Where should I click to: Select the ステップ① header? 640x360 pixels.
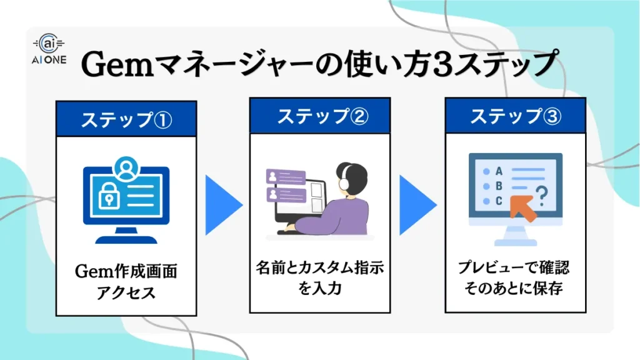pyautogui.click(x=126, y=119)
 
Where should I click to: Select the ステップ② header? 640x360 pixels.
pyautogui.click(x=319, y=116)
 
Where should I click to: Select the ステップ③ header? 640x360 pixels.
pyautogui.click(x=515, y=116)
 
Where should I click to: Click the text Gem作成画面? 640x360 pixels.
pyautogui.click(x=126, y=272)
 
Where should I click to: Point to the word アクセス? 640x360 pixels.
pyautogui.click(x=126, y=292)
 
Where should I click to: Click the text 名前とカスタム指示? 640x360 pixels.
pyautogui.click(x=319, y=269)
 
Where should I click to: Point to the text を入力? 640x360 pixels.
pyautogui.click(x=319, y=289)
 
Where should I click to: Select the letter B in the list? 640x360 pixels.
pyautogui.click(x=499, y=185)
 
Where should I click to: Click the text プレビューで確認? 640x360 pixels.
pyautogui.click(x=515, y=269)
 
